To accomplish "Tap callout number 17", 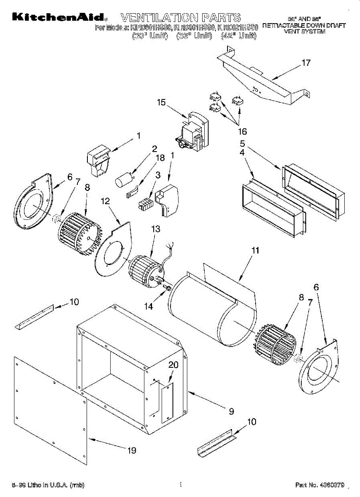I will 306,63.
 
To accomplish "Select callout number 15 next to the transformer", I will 161,102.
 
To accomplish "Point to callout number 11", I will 255,250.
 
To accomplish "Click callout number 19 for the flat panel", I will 132,450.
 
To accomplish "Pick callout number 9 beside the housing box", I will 231,411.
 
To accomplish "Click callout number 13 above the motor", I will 155,229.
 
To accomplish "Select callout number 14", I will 148,306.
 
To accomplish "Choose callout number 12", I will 105,201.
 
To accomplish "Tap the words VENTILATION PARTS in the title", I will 180,17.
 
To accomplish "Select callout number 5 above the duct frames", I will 242,144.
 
